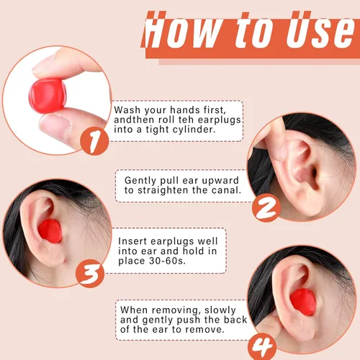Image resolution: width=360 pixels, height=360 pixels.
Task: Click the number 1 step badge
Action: (x=94, y=141)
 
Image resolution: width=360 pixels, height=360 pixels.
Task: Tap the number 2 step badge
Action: (x=266, y=208)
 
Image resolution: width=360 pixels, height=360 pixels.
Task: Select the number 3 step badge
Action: (x=90, y=274)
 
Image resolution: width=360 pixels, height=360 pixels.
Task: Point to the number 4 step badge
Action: (x=262, y=346)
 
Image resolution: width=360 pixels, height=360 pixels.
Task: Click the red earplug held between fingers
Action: (x=48, y=96)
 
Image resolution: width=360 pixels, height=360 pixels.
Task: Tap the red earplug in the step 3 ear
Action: (x=50, y=231)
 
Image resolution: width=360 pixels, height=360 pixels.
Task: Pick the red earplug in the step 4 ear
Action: (x=303, y=302)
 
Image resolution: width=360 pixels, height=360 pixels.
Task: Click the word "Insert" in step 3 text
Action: (x=132, y=241)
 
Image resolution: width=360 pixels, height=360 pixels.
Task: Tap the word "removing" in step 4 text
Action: (x=176, y=310)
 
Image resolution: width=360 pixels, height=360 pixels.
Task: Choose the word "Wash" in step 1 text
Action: (x=127, y=110)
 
